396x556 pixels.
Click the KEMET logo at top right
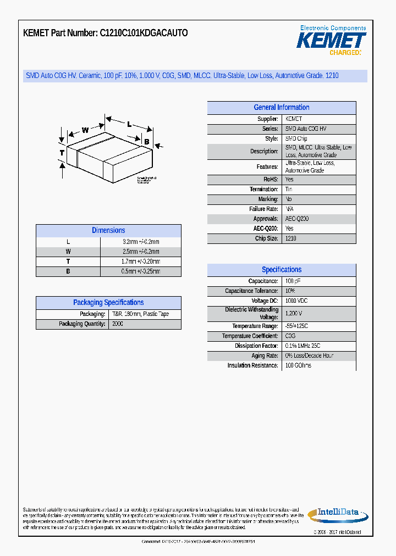331,40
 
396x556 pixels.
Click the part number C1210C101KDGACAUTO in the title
144,33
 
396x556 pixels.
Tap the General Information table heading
281,108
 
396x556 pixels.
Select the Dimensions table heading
108,231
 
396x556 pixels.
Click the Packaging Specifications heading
108,303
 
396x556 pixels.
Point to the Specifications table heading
281,270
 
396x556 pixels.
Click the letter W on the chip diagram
85,130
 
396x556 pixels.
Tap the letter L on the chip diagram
129,124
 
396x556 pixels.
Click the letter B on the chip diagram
146,142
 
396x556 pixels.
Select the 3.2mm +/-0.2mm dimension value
141,242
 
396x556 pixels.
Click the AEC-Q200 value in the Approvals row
297,219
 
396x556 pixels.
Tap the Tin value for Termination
289,189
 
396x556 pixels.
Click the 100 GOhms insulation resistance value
298,365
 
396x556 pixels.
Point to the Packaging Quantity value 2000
118,324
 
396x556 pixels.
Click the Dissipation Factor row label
256,346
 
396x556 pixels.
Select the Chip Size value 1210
290,238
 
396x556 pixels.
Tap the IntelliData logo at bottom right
337,514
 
